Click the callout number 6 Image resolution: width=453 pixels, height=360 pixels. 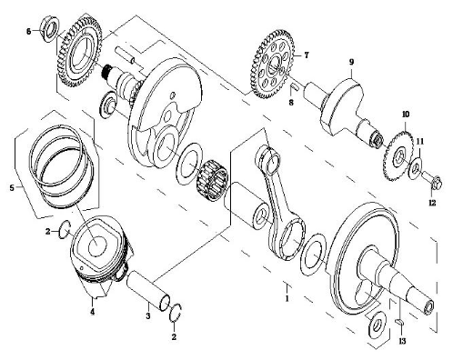(29, 31)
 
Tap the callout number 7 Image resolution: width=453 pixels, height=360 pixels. (307, 55)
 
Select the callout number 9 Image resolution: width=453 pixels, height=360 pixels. (351, 62)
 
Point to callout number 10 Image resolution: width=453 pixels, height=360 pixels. (406, 115)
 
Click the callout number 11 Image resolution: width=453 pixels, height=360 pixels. (420, 142)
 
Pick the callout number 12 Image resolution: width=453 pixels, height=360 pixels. (432, 203)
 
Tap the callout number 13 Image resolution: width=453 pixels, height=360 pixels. (402, 341)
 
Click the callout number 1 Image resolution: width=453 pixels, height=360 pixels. (287, 298)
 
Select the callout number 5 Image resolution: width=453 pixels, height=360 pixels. (12, 188)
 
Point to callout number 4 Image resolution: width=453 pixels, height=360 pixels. (93, 311)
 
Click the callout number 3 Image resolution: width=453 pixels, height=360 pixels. (148, 315)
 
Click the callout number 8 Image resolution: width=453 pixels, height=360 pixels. (291, 103)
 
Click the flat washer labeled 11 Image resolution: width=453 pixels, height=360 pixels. (415, 166)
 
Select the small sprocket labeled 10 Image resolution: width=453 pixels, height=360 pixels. (398, 156)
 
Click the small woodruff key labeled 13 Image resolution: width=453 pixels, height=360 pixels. (399, 322)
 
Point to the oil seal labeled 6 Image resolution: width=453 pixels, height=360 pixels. (50, 29)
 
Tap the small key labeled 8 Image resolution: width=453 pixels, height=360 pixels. (296, 87)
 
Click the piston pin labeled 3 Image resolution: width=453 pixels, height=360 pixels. (147, 290)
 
